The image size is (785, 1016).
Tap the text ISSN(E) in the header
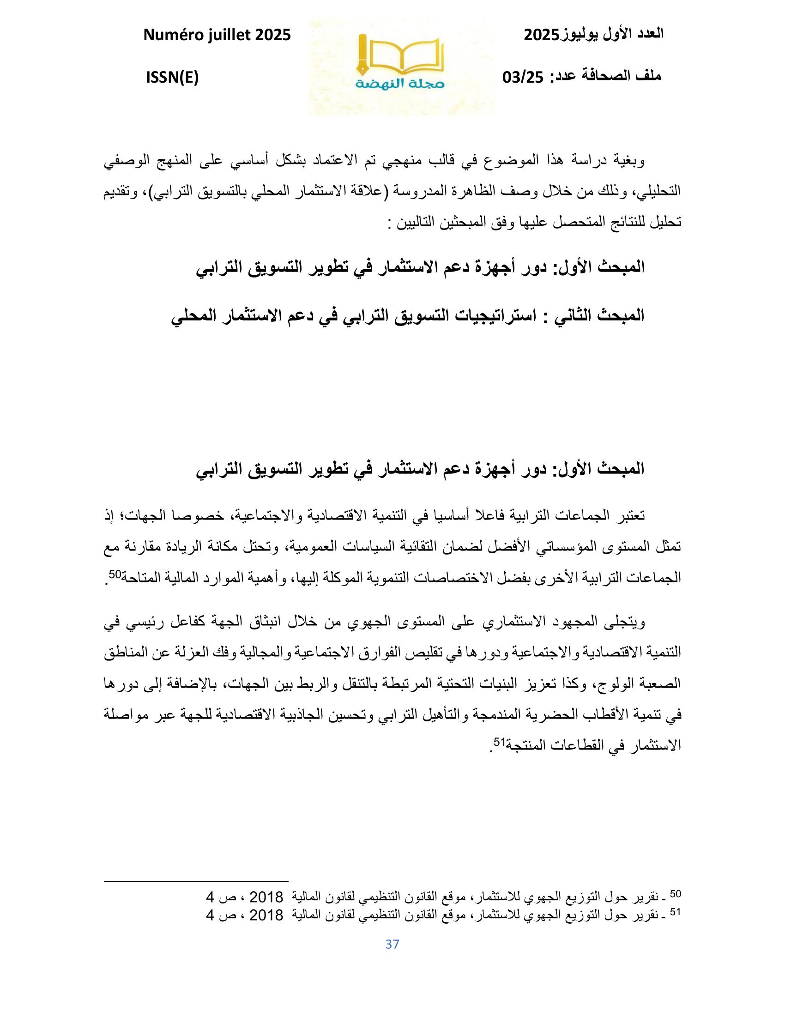click(x=172, y=78)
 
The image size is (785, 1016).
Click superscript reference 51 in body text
click(x=498, y=743)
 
